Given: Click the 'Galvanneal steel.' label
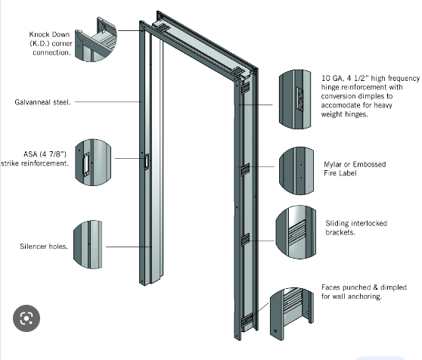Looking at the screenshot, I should coord(43,101).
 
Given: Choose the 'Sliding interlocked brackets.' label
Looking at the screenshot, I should coord(354,228).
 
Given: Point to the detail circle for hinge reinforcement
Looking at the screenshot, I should coord(296,96).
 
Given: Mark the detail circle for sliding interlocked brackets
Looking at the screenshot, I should coord(296,229).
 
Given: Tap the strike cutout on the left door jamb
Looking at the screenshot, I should coord(147,160).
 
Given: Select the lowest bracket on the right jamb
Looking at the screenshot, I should coord(247,320).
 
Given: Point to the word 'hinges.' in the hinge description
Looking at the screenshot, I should coord(356,115).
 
